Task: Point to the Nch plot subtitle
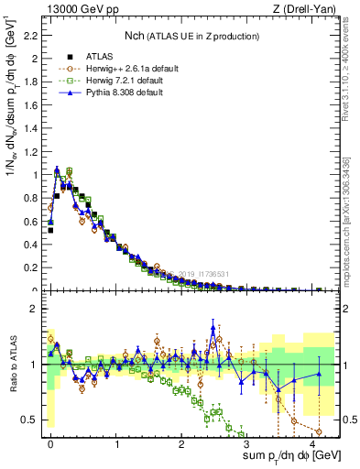coord(192,36)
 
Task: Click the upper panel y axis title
coord(12,151)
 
